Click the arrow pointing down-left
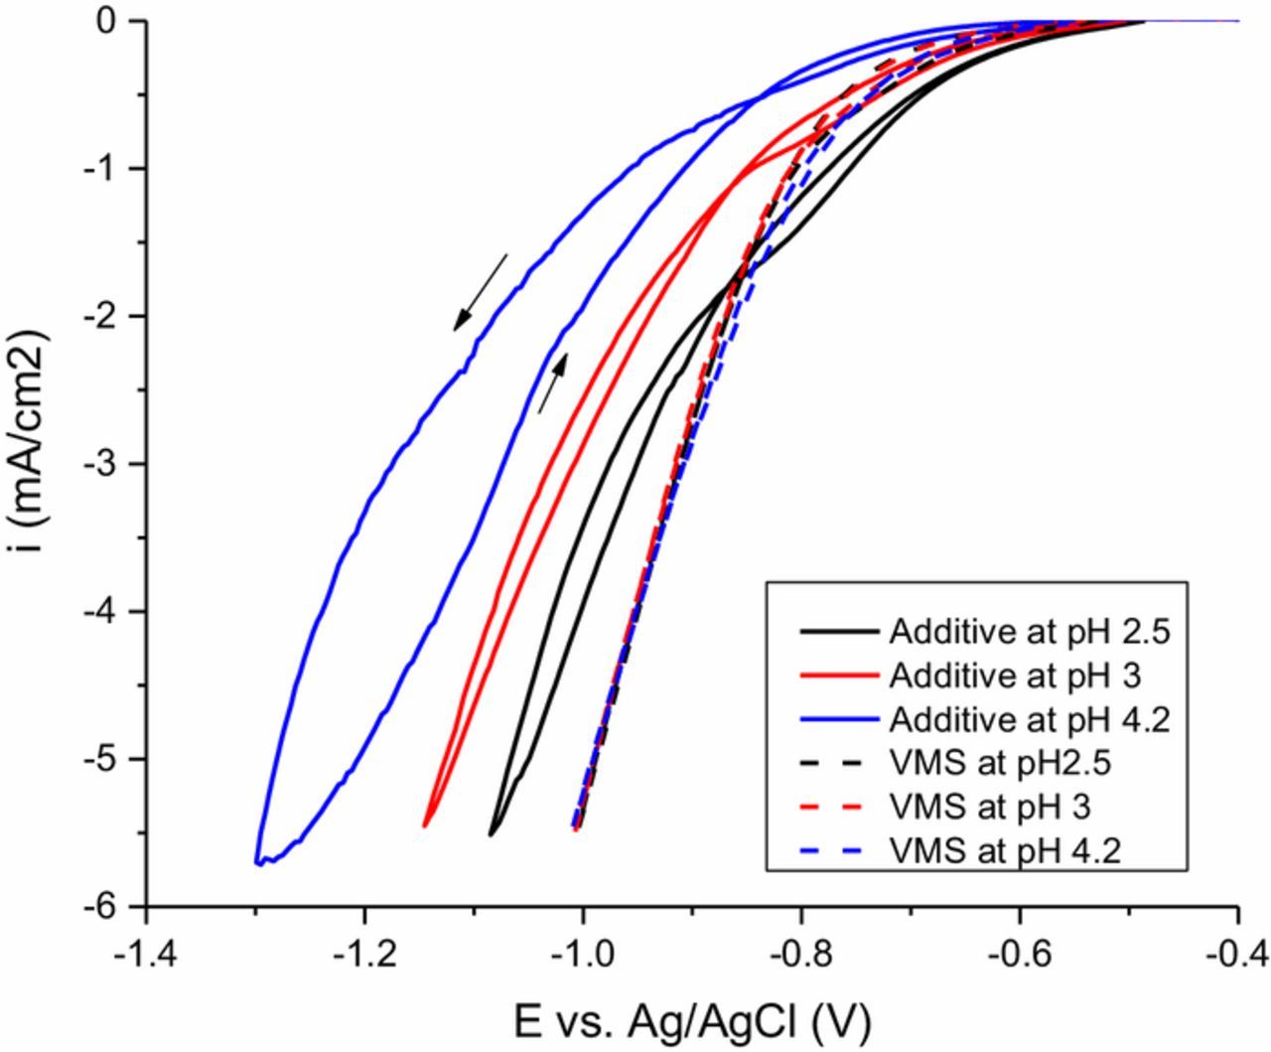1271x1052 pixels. click(x=481, y=292)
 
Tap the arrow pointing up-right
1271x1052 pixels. click(x=553, y=382)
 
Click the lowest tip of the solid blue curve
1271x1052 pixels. click(x=258, y=863)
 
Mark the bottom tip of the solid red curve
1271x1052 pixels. click(x=425, y=826)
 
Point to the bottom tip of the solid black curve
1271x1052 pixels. click(x=492, y=834)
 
